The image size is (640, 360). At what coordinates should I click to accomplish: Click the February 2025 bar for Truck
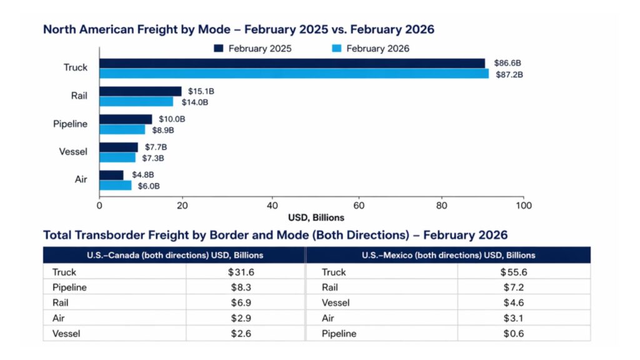coord(292,63)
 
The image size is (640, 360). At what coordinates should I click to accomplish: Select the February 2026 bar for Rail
coord(136,102)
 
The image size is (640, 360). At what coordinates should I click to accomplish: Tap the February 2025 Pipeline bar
coord(126,119)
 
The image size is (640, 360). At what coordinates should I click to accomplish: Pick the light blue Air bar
coord(116,186)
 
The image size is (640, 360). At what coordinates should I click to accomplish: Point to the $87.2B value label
coord(510,74)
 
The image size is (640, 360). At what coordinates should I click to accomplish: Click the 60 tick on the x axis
coord(359,205)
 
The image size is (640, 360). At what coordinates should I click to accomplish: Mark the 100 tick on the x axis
coord(523,205)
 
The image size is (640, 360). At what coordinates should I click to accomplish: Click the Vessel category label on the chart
coord(74,152)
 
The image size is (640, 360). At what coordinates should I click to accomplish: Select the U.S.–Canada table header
coord(174,255)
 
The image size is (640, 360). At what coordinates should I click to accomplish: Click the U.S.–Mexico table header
coord(448,255)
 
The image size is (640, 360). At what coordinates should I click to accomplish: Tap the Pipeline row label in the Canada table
coord(70,287)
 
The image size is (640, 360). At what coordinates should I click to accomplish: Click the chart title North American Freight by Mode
coord(238,29)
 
